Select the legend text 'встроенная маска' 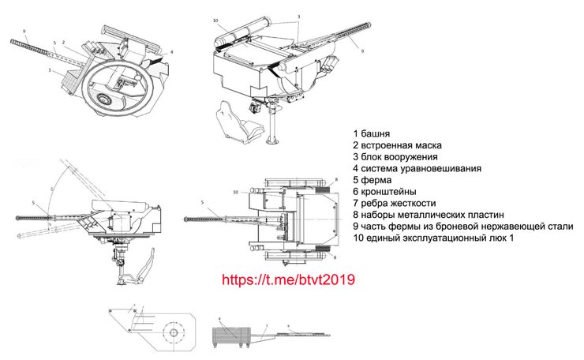click(x=402, y=145)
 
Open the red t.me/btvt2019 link click(x=289, y=279)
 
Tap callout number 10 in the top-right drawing click(x=215, y=20)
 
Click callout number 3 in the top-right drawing click(x=298, y=16)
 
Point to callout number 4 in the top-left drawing click(x=171, y=52)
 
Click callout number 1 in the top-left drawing click(x=50, y=71)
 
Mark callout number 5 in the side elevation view click(x=34, y=203)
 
